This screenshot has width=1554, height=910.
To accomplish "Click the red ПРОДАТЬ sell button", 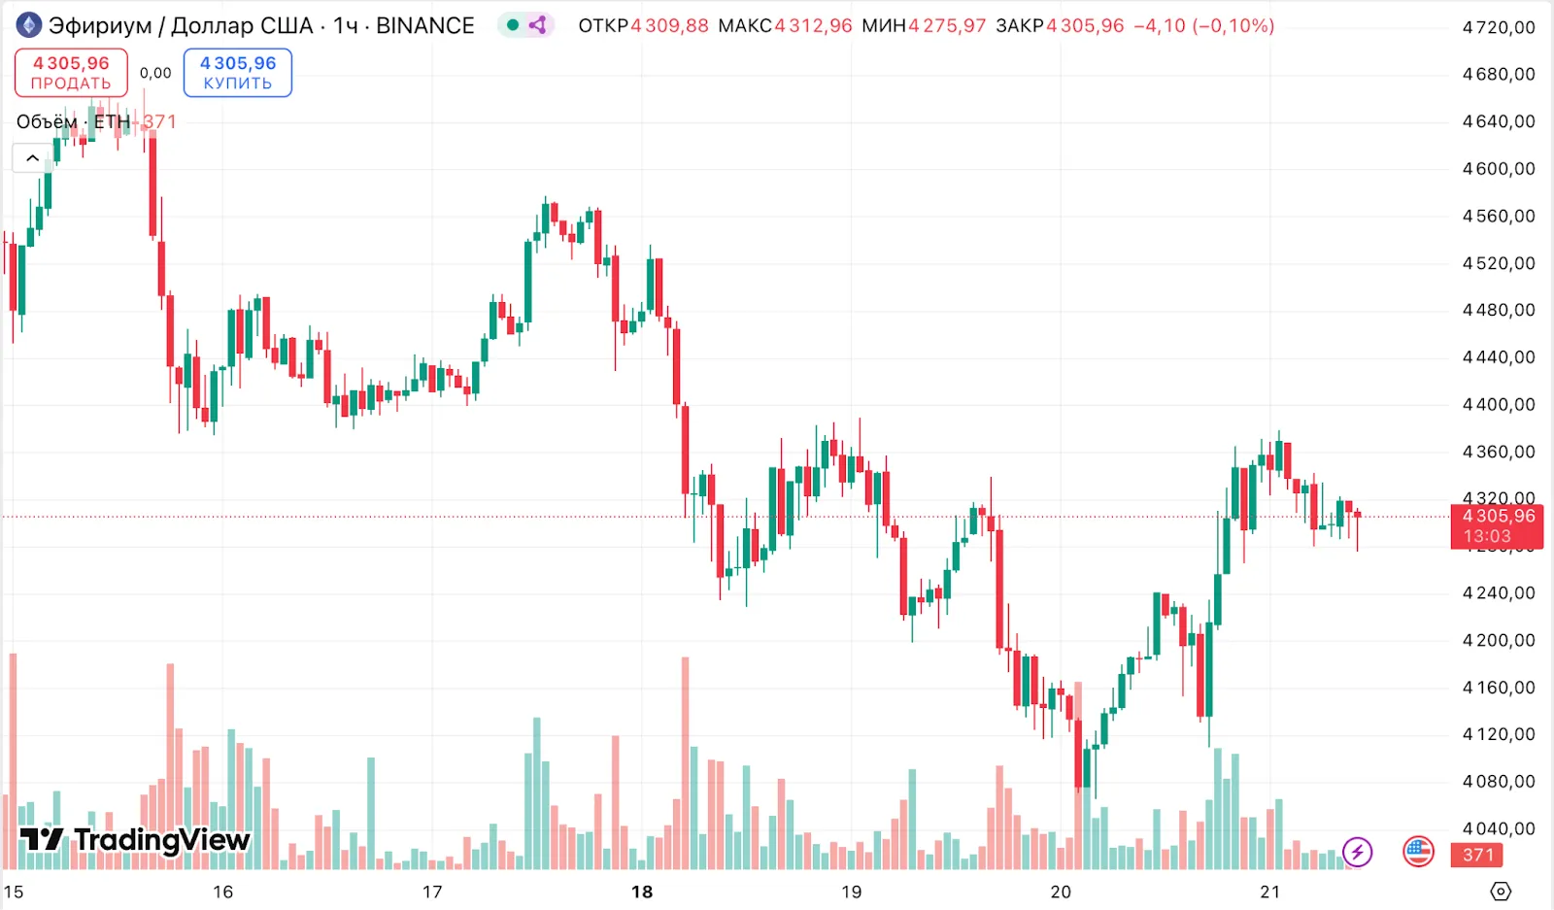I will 71,73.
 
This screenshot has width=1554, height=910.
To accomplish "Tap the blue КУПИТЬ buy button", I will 238,73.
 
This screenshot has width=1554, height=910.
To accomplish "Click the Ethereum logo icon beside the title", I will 29,25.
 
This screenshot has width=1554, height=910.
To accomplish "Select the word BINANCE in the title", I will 424,26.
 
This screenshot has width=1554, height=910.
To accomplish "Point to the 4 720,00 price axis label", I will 1499,27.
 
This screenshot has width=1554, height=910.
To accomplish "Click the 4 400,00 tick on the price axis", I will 1499,405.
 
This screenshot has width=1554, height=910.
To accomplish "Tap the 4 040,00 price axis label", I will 1499,828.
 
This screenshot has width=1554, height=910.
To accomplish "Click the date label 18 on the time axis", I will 642,892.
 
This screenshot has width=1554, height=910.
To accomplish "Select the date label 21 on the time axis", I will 1269,892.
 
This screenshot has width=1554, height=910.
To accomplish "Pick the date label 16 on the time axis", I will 223,892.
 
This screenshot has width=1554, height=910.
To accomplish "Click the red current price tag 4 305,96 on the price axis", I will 1497,525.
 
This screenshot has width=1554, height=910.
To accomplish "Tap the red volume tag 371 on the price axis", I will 1477,855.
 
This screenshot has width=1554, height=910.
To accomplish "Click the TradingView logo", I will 136,840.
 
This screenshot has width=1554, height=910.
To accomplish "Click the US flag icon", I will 1418,852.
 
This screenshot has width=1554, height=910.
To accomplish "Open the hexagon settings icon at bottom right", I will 1501,892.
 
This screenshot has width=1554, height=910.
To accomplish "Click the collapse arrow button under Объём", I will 32,157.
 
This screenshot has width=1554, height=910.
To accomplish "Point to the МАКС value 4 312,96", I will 813,26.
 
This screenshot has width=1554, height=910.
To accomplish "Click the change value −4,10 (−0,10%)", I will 1203,26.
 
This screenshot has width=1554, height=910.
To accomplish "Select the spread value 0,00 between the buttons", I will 155,73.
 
